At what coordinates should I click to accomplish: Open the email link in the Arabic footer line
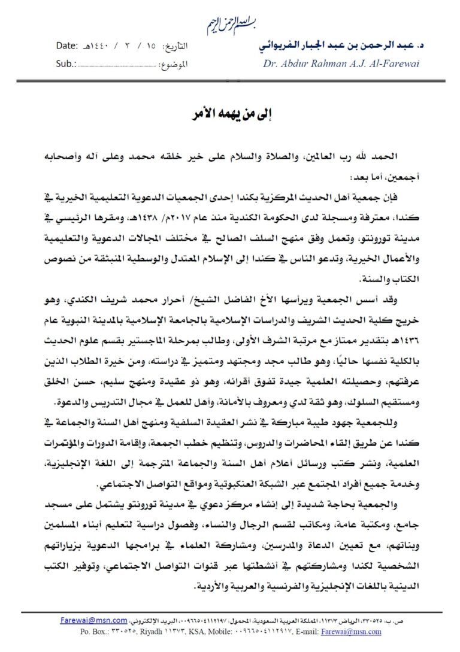(x=93, y=621)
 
